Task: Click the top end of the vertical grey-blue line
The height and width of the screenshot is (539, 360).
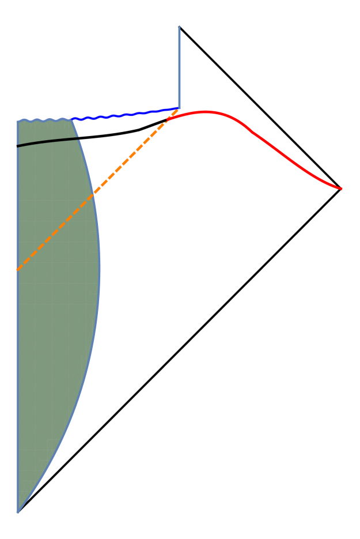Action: tap(179, 27)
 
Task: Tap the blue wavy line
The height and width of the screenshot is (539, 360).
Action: tap(124, 114)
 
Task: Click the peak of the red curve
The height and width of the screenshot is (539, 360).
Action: tap(205, 112)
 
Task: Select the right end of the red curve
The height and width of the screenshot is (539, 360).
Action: tap(342, 189)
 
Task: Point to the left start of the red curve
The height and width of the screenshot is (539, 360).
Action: tap(168, 120)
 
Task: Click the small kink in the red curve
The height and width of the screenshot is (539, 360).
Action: tap(251, 132)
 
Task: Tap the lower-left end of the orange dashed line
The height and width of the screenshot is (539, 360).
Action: tap(18, 269)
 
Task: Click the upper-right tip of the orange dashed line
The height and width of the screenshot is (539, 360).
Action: tap(177, 110)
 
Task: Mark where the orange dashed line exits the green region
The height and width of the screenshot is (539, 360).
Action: tap(94, 193)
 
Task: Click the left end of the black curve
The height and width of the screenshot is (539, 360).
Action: tap(18, 146)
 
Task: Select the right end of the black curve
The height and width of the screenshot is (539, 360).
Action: tap(79, 138)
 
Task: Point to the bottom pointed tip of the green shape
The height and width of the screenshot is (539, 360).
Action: tap(18, 511)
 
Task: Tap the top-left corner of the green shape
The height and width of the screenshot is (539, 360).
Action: tap(18, 122)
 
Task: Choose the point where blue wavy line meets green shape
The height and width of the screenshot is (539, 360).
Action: tap(72, 119)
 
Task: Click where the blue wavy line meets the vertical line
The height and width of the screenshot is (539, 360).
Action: tap(179, 108)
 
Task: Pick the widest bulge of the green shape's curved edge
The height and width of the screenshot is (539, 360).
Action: tap(100, 268)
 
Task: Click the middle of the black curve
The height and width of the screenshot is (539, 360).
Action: tap(48, 141)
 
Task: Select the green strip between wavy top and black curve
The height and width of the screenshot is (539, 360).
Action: tap(46, 131)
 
